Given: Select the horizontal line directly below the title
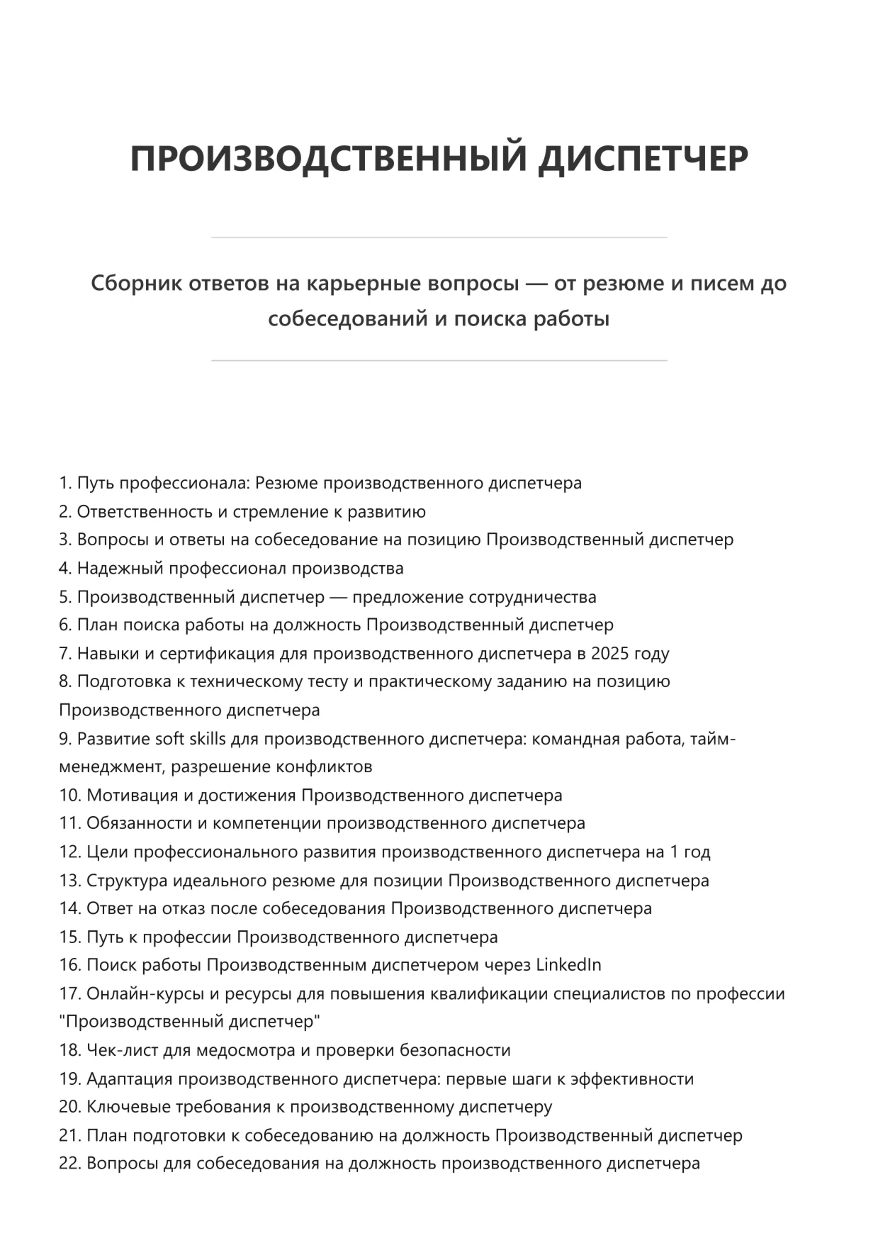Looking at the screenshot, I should coord(439,238).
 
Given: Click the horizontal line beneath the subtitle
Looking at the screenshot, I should coord(439,361).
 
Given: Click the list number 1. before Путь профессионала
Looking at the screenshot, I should coord(65,483).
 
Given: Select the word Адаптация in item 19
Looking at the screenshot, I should coord(130,1078).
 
